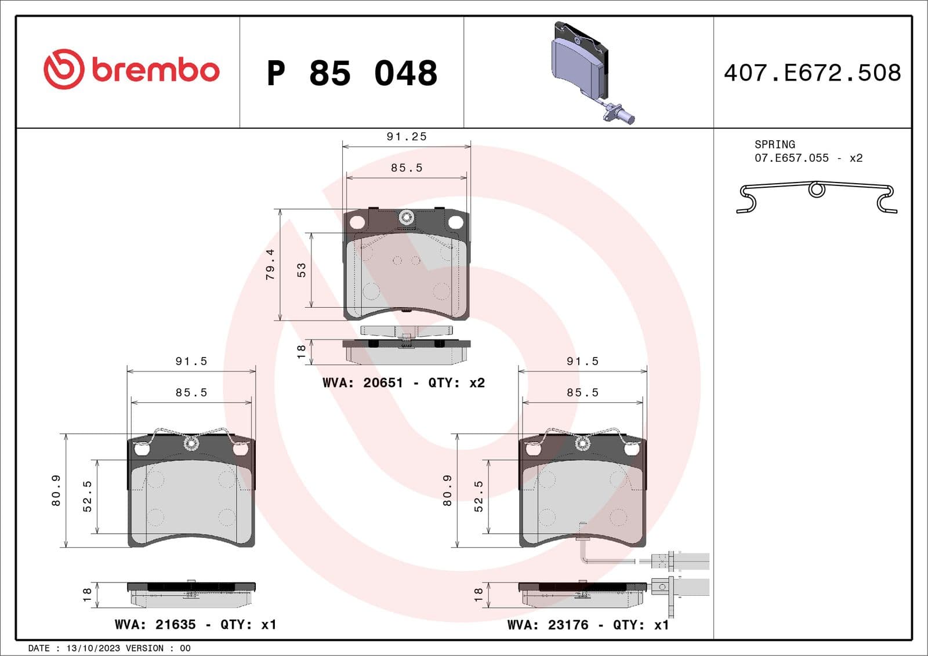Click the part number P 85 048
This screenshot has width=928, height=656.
pyautogui.click(x=352, y=74)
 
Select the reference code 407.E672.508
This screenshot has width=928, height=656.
pyautogui.click(x=812, y=73)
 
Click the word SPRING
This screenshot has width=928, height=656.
pyautogui.click(x=774, y=144)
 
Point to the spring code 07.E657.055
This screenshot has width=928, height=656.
pyautogui.click(x=791, y=158)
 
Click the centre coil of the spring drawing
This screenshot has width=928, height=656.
pyautogui.click(x=817, y=189)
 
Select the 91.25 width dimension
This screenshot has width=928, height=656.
pyautogui.click(x=407, y=137)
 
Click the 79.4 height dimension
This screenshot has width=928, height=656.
pyautogui.click(x=270, y=265)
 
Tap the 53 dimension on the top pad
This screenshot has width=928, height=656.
pyautogui.click(x=302, y=270)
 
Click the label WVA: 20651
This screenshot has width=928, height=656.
pyautogui.click(x=362, y=383)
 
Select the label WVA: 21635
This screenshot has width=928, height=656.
pyautogui.click(x=155, y=625)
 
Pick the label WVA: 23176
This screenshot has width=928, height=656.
pyautogui.click(x=548, y=625)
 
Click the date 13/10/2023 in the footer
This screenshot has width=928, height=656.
pyautogui.click(x=93, y=648)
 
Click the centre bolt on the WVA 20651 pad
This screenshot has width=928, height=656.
pyautogui.click(x=406, y=218)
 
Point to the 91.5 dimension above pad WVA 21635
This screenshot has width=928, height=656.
pyautogui.click(x=191, y=362)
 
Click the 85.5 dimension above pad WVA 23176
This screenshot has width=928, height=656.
pyautogui.click(x=582, y=393)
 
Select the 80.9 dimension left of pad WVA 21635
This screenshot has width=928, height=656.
pyautogui.click(x=56, y=490)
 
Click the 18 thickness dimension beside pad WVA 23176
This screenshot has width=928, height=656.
pyautogui.click(x=478, y=594)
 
